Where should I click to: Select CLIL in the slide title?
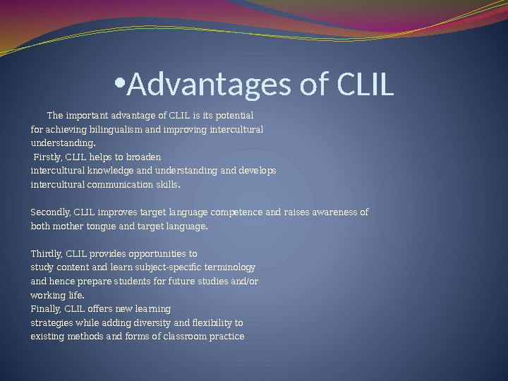click(364, 85)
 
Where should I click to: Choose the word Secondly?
click(51, 212)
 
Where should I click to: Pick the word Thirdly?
click(47, 253)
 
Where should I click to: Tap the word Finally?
click(47, 308)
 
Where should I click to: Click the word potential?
click(234, 115)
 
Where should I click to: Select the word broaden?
click(145, 157)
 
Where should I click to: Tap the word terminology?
click(230, 267)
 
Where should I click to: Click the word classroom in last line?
click(171, 337)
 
